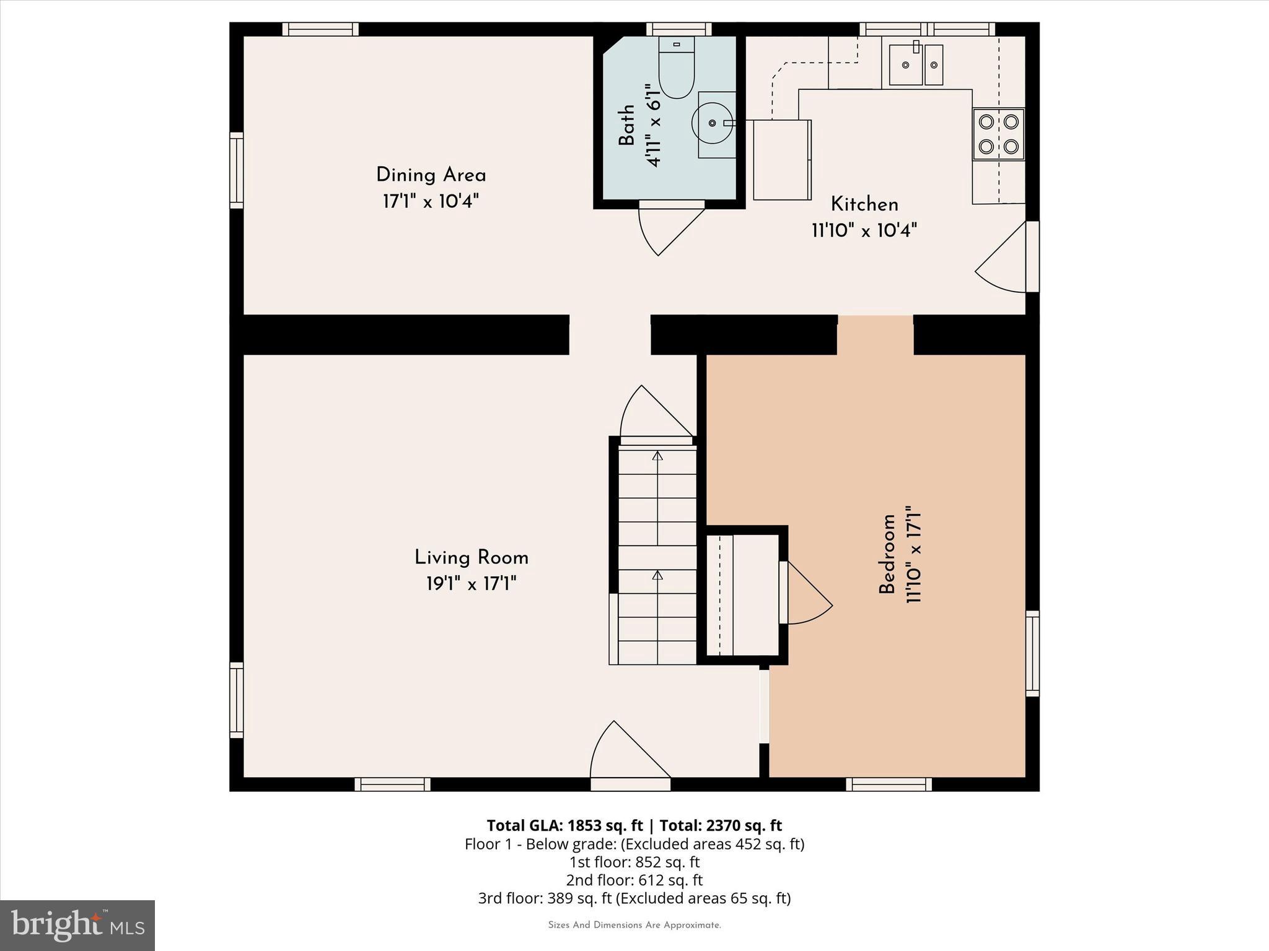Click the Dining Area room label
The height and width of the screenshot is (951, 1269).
click(431, 175)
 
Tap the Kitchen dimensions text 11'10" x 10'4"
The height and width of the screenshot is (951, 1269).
click(864, 231)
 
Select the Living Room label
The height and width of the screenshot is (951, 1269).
click(471, 558)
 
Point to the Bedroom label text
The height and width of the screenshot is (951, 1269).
click(887, 554)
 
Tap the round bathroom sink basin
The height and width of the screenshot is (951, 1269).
click(711, 123)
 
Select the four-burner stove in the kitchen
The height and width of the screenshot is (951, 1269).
click(998, 134)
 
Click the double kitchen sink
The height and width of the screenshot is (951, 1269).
click(916, 64)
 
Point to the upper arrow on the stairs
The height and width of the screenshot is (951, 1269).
click(657, 456)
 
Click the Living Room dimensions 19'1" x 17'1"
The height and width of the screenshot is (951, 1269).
click(471, 584)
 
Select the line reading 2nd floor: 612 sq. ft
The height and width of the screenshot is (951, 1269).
click(634, 880)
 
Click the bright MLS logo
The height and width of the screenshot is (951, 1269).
click(77, 925)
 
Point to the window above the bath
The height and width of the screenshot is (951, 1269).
click(679, 28)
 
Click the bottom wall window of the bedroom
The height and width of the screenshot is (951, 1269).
click(889, 784)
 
